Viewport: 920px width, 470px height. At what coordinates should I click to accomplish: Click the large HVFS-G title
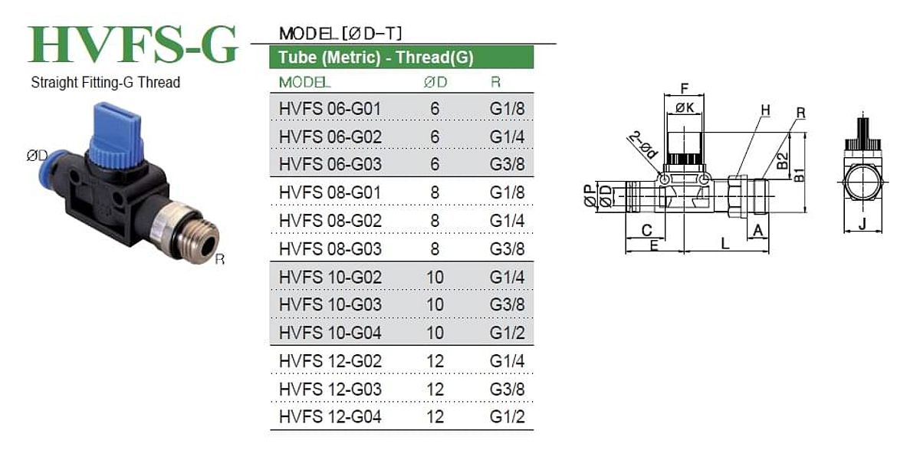coord(133,44)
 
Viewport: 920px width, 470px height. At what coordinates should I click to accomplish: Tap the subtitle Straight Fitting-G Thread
coord(106,83)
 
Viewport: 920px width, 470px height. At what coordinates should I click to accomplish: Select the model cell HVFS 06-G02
coord(330,136)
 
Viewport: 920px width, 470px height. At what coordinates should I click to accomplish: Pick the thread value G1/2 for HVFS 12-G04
coord(508,416)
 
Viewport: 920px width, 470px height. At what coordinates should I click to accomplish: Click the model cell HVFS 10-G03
coord(330,304)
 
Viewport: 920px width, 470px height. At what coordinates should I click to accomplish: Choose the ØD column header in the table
coord(435,83)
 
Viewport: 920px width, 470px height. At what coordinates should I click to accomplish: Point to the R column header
coord(496,83)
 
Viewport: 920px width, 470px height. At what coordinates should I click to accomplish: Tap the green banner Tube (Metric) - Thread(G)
coord(402,57)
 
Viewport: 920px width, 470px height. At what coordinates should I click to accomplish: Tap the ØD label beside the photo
coord(37,156)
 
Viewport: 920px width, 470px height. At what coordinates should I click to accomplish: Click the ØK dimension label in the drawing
coord(685,107)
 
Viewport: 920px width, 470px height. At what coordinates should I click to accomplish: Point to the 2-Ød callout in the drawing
coord(643,145)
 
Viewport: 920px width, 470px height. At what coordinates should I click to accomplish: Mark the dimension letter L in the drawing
coord(725,244)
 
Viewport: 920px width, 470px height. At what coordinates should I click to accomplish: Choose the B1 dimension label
coord(799,175)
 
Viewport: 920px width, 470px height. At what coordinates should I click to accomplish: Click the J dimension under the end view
coord(863,224)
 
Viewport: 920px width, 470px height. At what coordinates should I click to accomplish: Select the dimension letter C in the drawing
coord(646,230)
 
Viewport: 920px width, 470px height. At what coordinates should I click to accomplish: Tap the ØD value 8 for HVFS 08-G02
coord(435,221)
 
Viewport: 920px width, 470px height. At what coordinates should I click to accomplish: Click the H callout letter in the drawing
coord(765,110)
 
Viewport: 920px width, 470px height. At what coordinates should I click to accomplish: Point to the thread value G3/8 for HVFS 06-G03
coord(508,164)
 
